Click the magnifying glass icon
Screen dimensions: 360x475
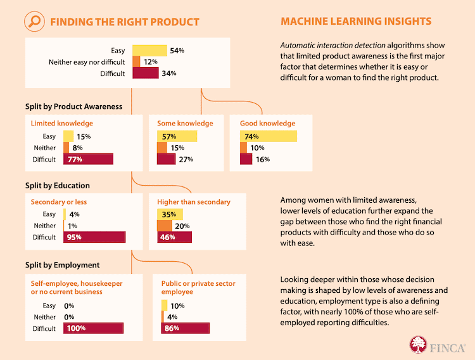[x=35, y=22]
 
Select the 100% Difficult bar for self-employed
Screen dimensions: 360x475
[x=93, y=328]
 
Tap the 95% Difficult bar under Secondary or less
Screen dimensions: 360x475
[x=94, y=237]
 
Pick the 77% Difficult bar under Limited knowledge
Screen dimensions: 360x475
[x=88, y=159]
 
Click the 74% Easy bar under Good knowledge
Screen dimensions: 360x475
[x=268, y=136]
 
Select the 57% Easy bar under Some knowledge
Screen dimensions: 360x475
[x=177, y=136]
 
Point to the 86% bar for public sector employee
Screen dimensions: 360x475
[x=185, y=328]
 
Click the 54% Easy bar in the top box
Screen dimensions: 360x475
[x=149, y=50]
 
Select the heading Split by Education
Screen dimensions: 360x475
[x=58, y=186]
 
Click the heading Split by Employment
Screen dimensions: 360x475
[x=62, y=264]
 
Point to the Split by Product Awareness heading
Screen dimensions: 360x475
[x=73, y=106]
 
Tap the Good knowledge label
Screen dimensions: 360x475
[x=268, y=123]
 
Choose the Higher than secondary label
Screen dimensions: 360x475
[x=194, y=202]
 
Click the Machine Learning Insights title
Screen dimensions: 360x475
[x=355, y=22]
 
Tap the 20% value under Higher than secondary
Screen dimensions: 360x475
[x=182, y=226]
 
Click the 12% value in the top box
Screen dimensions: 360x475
[x=151, y=61]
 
